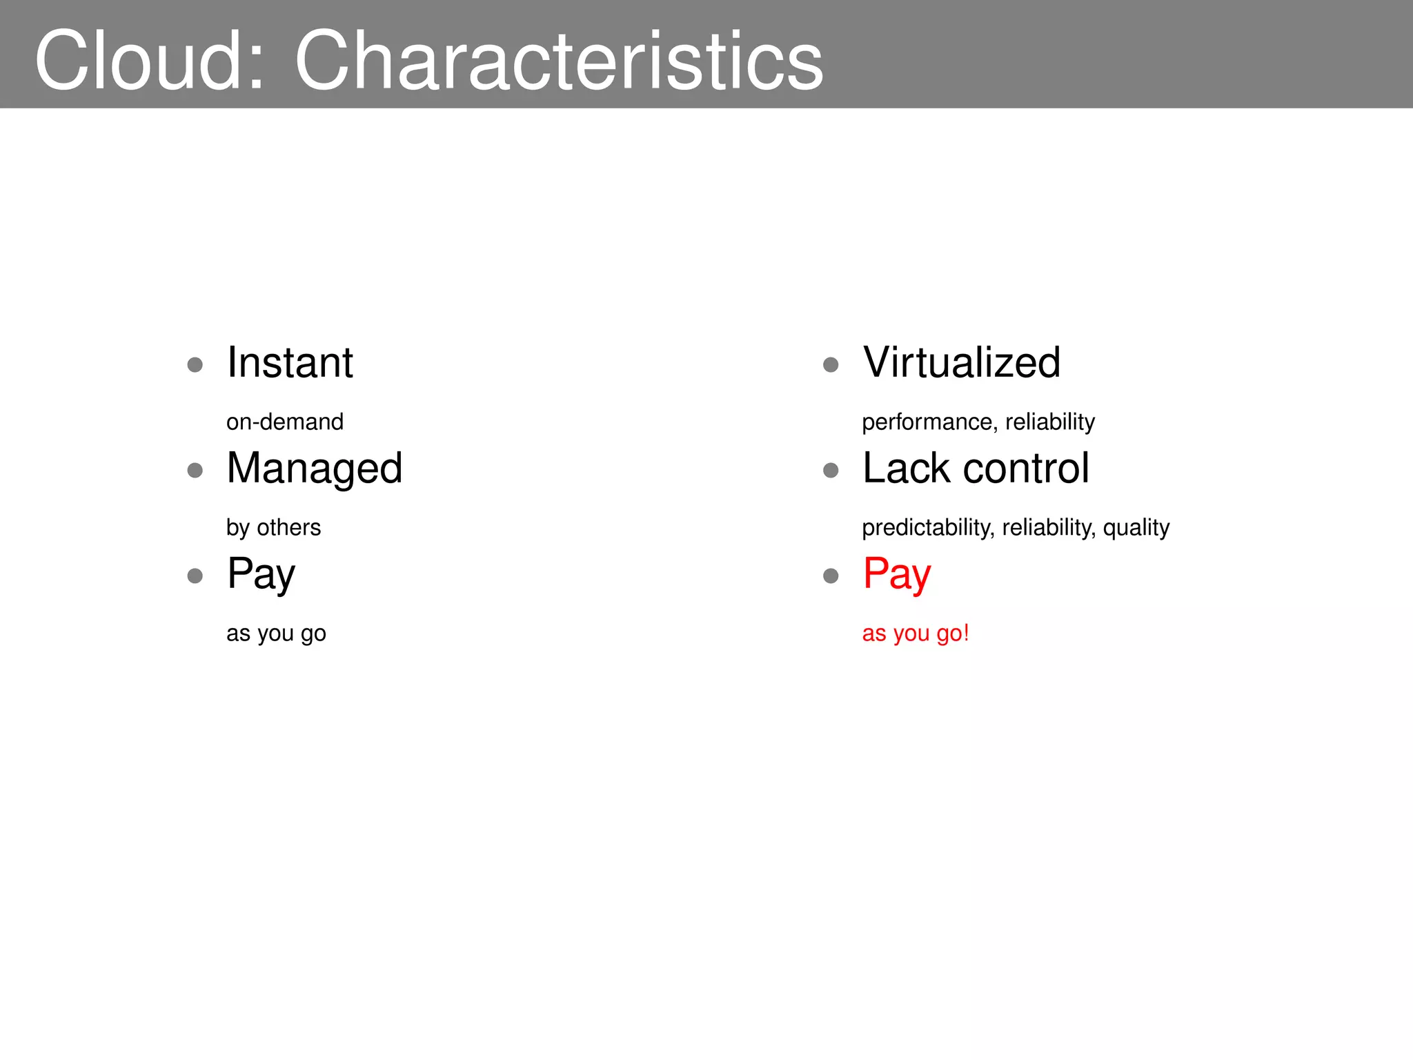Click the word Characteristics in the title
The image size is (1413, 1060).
[x=559, y=61]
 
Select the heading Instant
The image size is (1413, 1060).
[x=290, y=363]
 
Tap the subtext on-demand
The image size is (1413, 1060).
[x=285, y=422]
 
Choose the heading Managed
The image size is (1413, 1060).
[x=315, y=469]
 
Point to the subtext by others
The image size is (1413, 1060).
[x=274, y=528]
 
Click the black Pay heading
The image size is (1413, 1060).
[x=261, y=574]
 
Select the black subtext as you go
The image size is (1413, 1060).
[x=276, y=634]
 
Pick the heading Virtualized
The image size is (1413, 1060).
[x=961, y=363]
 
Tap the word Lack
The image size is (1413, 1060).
[x=906, y=469]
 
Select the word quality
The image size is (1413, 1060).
[x=1136, y=528]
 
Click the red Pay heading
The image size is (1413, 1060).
[x=897, y=574]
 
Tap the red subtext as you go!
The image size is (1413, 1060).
[x=916, y=634]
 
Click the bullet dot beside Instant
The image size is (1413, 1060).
[x=195, y=364]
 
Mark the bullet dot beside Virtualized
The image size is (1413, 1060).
[x=831, y=364]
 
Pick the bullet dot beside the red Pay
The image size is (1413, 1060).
[x=831, y=576]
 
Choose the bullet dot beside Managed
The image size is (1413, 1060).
[x=195, y=470]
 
